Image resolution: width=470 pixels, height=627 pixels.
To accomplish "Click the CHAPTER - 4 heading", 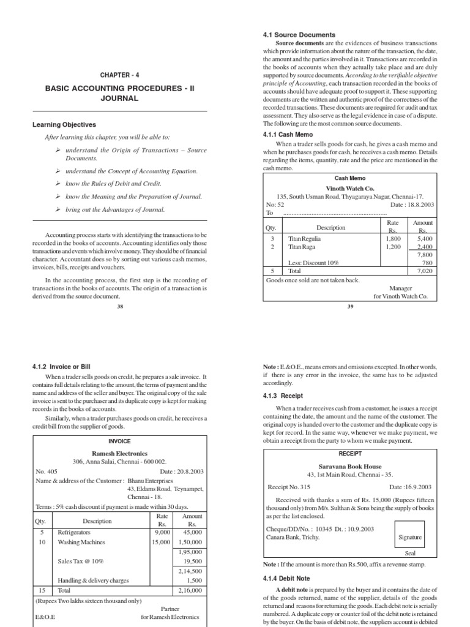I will point(120,75).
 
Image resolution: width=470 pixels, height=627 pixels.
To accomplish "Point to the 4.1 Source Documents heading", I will point(299,35).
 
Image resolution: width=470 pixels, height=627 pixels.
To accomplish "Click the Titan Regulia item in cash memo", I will point(304,239).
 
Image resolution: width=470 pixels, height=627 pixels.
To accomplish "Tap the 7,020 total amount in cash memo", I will point(424,270).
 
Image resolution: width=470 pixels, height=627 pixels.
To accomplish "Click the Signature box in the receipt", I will point(410,537).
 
